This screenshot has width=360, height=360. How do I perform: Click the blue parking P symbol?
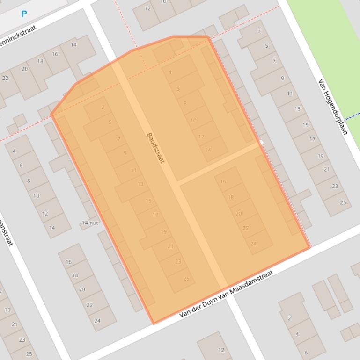pos(24,14)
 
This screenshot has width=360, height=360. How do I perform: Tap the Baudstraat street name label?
pos(155,148)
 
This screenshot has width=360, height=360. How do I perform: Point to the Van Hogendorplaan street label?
pos(333,107)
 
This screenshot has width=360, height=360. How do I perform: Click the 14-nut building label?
pos(90,223)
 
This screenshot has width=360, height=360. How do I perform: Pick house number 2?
pos(289,318)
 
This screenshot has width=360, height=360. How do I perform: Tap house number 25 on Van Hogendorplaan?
pos(343,202)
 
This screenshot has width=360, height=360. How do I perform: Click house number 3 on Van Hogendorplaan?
pos(259,31)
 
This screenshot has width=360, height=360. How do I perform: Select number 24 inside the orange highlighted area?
pos(253,244)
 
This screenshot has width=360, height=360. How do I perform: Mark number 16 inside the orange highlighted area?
pos(223,181)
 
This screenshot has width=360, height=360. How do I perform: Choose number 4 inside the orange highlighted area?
pos(170,72)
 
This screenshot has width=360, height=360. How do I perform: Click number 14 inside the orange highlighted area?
pos(208,150)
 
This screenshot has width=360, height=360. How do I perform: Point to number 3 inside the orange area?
pos(103,107)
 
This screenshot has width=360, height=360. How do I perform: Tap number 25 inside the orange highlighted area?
pos(186,279)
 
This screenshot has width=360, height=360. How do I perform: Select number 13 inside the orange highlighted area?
pos(140,184)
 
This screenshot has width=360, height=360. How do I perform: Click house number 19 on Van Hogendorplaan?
pos(320,156)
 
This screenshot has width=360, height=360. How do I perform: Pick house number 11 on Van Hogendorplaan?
pos(290,94)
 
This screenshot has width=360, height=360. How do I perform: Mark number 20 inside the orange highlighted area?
pos(239,213)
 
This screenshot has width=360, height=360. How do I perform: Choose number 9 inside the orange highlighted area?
pos(125,153)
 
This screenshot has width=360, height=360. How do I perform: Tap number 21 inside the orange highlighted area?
pos(170,246)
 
